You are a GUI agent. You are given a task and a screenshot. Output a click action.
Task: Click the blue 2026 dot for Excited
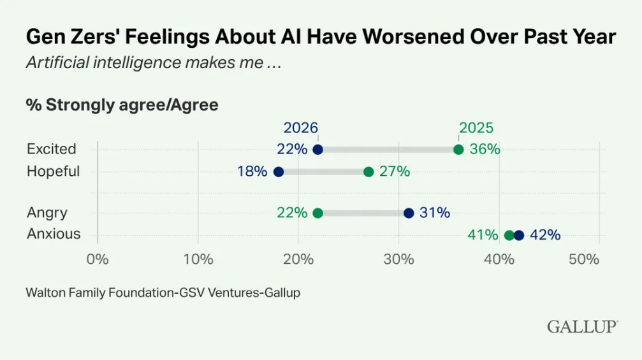[x=318, y=150]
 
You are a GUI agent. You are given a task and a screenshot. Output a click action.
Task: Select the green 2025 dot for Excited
[x=458, y=150]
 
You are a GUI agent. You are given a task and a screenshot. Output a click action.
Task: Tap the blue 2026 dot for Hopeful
[x=278, y=172]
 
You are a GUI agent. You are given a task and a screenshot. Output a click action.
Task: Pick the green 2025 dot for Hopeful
[x=368, y=172]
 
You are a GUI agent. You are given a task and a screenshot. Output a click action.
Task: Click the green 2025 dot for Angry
[x=318, y=213]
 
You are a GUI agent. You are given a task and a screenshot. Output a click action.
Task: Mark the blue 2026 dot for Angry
[x=409, y=213]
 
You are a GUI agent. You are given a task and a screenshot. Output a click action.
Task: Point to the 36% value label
[x=485, y=150]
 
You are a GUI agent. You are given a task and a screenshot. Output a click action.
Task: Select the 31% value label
[x=435, y=213]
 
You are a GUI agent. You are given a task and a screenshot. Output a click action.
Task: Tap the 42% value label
[x=545, y=235]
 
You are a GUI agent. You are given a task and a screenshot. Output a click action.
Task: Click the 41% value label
[x=483, y=235]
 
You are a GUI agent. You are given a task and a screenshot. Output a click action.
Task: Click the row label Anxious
[x=54, y=234]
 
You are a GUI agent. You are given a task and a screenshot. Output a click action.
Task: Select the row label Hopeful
[x=53, y=171]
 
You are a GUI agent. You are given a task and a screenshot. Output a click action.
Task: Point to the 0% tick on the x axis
[x=97, y=259]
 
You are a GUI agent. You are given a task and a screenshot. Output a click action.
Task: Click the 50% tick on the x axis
[x=584, y=259]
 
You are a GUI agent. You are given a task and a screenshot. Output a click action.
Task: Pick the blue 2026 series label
[x=301, y=128]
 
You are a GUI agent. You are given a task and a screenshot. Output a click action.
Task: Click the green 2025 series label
[x=476, y=128]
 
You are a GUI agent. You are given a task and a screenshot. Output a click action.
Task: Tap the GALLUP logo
[x=582, y=327]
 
